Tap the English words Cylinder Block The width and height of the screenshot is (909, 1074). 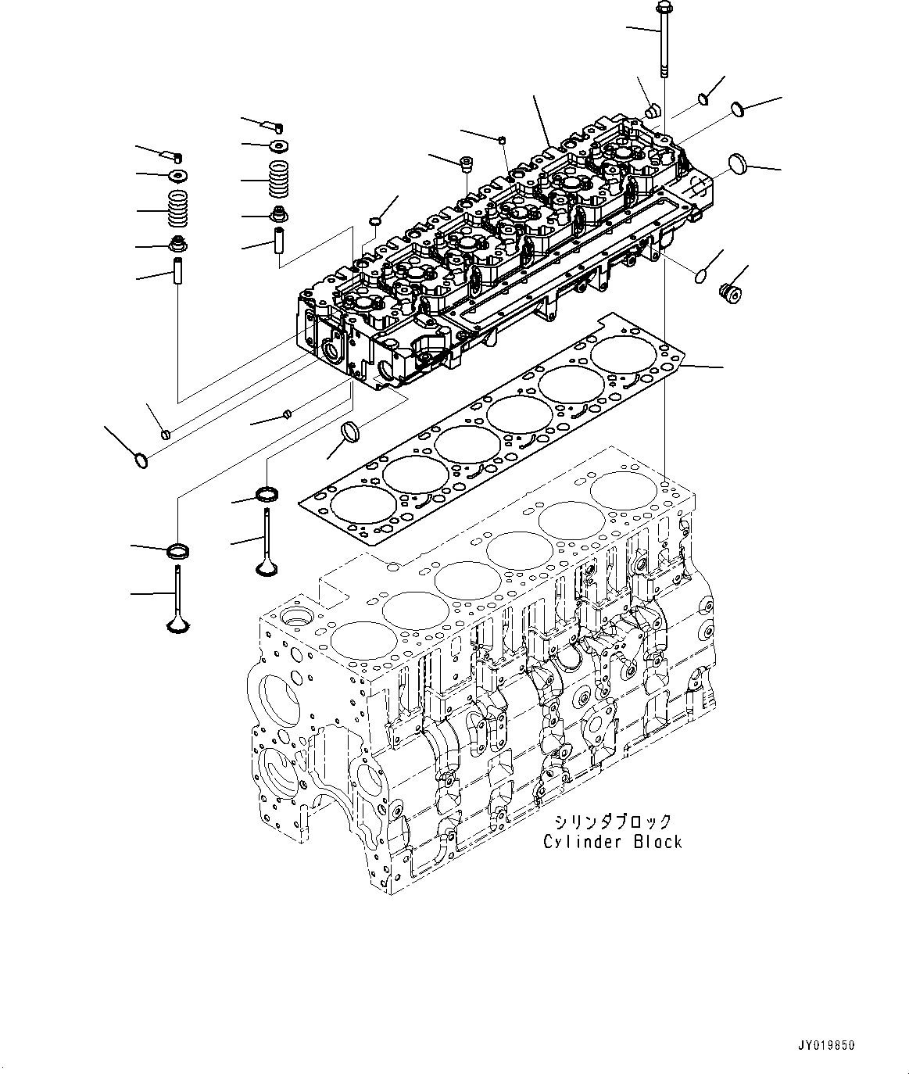click(x=613, y=842)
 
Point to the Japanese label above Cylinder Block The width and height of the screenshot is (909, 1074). click(x=613, y=822)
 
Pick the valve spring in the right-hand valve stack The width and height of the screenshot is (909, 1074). click(x=279, y=181)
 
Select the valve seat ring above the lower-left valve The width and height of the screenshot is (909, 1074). click(x=180, y=550)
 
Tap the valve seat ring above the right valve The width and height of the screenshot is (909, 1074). click(x=267, y=494)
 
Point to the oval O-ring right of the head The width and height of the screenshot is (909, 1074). click(x=700, y=274)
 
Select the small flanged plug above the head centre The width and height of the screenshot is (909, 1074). click(x=467, y=164)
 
